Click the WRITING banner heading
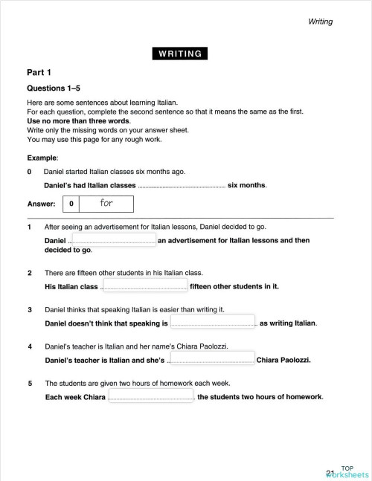point(179,53)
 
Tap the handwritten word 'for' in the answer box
point(106,202)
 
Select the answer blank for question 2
point(144,286)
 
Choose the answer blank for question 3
point(213,323)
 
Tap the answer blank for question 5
point(152,397)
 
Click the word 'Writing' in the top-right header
point(320,22)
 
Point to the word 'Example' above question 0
point(42,158)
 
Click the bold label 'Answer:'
point(42,203)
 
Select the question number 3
point(30,309)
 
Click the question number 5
point(30,384)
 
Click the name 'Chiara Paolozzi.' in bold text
point(283,361)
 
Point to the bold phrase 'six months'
point(246,184)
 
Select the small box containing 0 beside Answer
point(71,203)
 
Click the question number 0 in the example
point(30,171)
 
